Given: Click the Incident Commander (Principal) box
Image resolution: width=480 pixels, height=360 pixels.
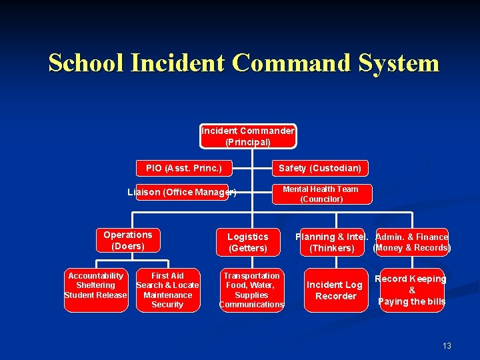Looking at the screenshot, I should click(x=248, y=136).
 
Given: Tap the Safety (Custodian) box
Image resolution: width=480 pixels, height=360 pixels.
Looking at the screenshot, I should click(x=320, y=168).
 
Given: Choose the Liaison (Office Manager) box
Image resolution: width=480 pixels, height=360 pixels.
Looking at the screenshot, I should click(x=182, y=193).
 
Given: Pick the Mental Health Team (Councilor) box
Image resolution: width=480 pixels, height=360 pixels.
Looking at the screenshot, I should click(x=321, y=194).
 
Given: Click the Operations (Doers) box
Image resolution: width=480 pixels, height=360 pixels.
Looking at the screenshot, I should click(x=128, y=241).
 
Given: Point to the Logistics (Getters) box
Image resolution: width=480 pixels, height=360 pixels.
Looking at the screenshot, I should click(x=247, y=243).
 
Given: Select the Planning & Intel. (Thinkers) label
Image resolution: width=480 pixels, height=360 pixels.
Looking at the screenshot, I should click(x=332, y=243).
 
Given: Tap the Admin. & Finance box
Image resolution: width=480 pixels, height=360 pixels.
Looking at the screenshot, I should click(x=412, y=243).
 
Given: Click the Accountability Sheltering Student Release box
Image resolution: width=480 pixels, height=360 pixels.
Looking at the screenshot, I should click(x=96, y=290).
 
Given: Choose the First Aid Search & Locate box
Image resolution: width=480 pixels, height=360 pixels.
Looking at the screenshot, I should click(x=167, y=290).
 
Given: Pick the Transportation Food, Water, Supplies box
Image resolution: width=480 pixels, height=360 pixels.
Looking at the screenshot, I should click(x=251, y=290).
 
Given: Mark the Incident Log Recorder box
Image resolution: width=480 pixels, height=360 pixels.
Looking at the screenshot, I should click(x=335, y=290).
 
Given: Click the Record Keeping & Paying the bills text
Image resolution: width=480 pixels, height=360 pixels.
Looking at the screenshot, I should click(x=412, y=290).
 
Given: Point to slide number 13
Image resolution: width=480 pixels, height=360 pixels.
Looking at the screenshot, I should click(x=447, y=345).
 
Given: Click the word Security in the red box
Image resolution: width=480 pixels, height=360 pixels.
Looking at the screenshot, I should click(x=167, y=305).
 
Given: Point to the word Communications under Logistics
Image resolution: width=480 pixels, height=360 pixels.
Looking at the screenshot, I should click(x=251, y=305).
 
